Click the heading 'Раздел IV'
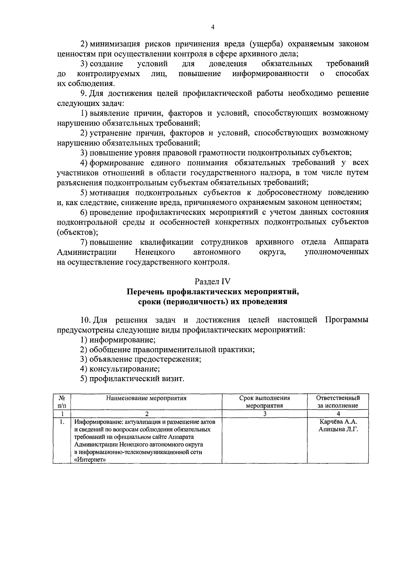pos(213,281)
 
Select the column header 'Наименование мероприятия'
pos(146,398)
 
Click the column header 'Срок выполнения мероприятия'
pos(264,401)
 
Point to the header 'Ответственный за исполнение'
pos(338,401)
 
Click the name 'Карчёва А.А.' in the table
pos(338,422)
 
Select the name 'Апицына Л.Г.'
pos(338,429)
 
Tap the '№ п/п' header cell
pos(62,401)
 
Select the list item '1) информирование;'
pos(118,340)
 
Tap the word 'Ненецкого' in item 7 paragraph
pos(155,252)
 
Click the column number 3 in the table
pos(264,414)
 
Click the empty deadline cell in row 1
pos(264,440)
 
